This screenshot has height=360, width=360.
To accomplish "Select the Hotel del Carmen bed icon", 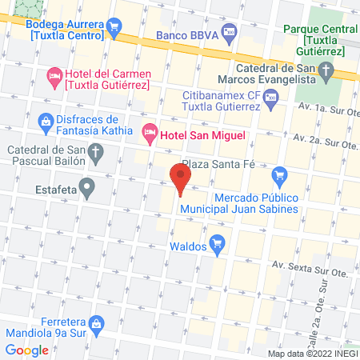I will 54,77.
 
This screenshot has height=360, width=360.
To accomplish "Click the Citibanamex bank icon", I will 270,99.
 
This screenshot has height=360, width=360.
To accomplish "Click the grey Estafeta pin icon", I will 88,190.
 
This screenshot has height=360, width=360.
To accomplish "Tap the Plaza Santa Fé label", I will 218,162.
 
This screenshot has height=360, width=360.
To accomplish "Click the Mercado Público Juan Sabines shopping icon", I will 279,174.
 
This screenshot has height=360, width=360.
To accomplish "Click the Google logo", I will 26,350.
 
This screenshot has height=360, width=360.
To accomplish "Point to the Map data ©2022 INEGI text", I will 312,354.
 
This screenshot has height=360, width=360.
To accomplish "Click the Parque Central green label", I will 314,34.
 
